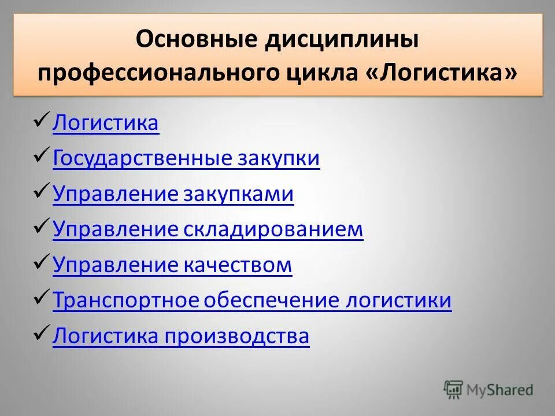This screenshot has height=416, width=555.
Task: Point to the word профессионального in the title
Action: click(158, 73)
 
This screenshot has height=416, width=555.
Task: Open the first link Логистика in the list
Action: click(105, 123)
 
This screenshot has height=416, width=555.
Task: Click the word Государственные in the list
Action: click(142, 158)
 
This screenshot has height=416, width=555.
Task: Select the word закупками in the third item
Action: click(239, 194)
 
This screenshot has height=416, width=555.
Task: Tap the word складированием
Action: click(273, 229)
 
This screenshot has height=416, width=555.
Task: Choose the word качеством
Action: click(238, 265)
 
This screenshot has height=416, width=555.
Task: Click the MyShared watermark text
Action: click(501, 390)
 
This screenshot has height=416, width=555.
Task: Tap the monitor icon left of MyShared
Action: click(454, 389)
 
